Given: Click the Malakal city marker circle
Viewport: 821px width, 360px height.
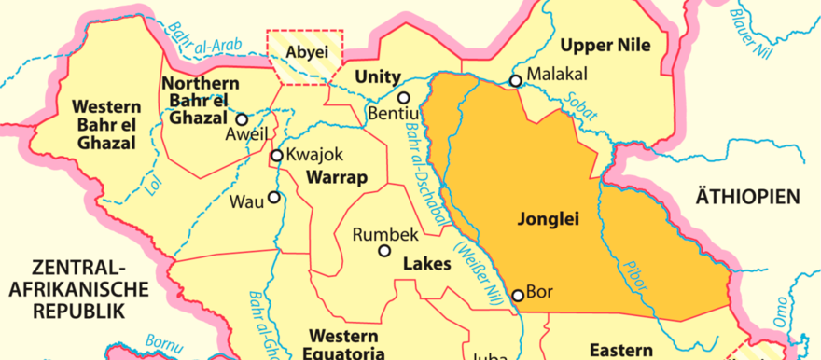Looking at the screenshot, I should pyautogui.click(x=515, y=81).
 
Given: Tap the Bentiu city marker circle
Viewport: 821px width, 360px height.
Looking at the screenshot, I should pyautogui.click(x=404, y=97).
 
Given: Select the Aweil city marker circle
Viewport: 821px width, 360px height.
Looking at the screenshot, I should pyautogui.click(x=242, y=119).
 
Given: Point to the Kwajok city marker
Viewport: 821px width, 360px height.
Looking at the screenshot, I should pyautogui.click(x=276, y=156).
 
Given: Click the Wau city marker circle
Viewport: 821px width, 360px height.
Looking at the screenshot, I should pyautogui.click(x=274, y=197).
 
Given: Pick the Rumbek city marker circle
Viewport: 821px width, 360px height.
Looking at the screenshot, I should pyautogui.click(x=384, y=250).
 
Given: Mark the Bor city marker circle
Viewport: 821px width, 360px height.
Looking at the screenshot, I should pyautogui.click(x=518, y=296).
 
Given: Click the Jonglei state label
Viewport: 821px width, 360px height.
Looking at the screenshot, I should pyautogui.click(x=548, y=220).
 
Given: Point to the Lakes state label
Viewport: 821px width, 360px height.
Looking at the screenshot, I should pyautogui.click(x=426, y=264).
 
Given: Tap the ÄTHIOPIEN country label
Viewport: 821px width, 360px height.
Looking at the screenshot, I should pyautogui.click(x=748, y=196).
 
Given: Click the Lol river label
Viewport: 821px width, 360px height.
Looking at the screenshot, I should pyautogui.click(x=153, y=185).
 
